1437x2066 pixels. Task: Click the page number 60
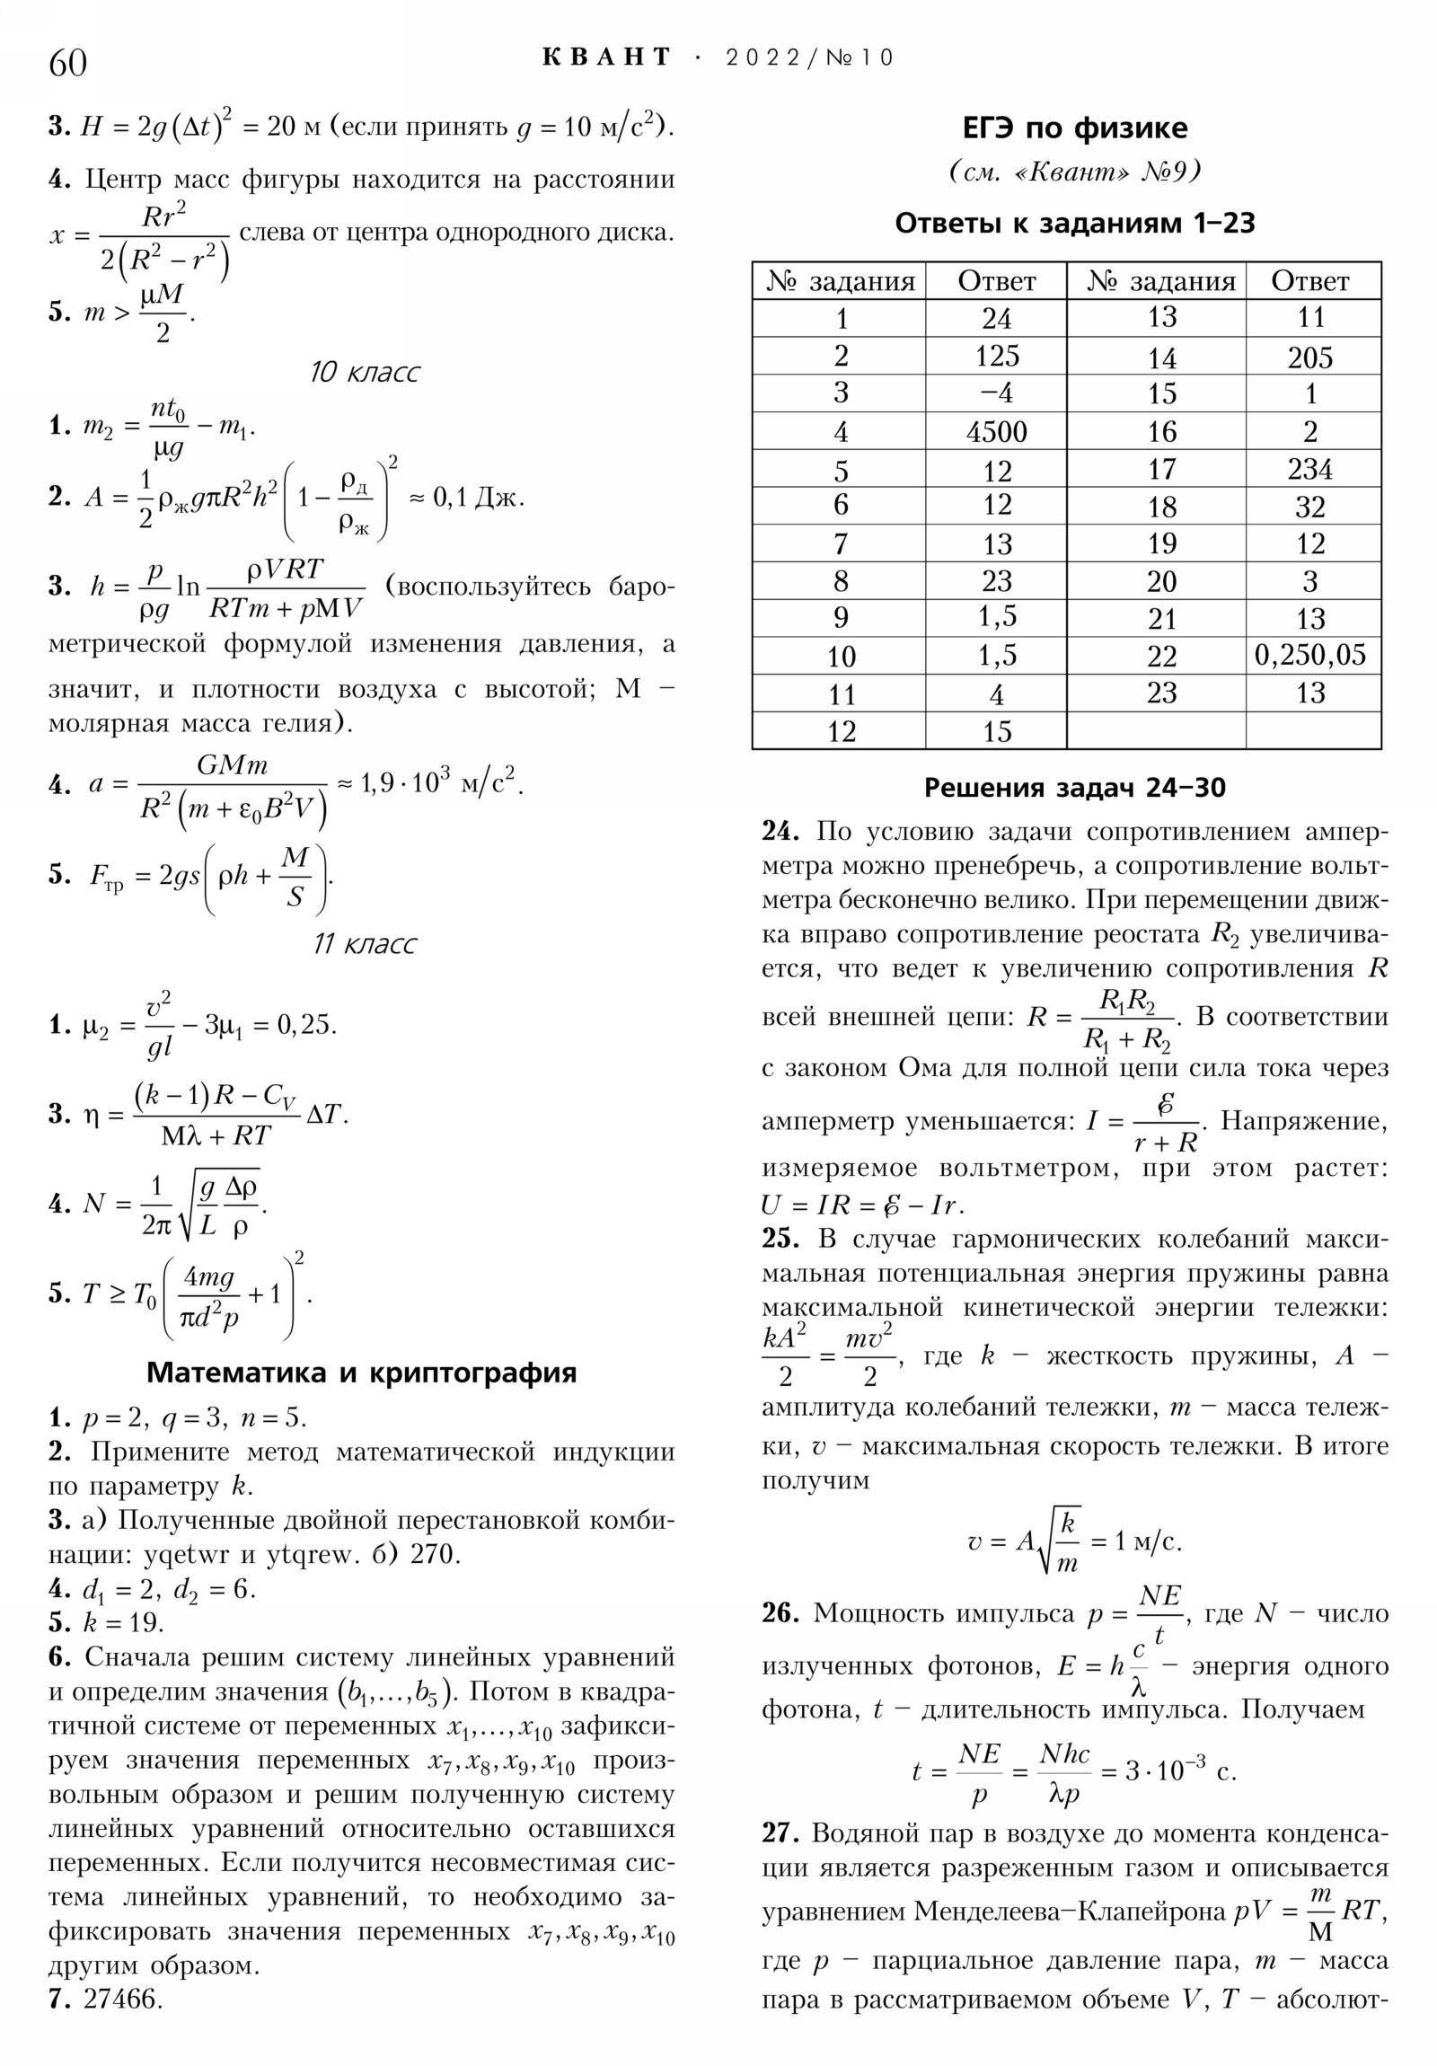point(67,63)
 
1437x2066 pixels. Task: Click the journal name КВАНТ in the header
point(606,57)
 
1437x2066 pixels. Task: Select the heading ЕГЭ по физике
point(1074,128)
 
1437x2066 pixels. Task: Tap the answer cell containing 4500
point(996,432)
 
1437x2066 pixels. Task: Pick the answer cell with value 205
point(1309,358)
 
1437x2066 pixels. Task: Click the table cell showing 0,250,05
point(1310,655)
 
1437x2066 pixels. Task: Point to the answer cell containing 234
point(1309,469)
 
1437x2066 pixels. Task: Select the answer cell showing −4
point(996,393)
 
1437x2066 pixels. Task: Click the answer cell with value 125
point(996,357)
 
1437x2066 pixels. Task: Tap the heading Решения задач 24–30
point(1074,789)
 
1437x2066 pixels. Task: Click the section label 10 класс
point(365,373)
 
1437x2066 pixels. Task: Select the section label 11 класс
point(365,944)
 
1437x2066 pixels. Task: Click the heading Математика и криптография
point(361,1373)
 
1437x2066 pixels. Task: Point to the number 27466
point(122,2000)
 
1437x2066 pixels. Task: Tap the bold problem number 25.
point(780,1238)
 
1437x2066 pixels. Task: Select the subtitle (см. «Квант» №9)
point(1074,172)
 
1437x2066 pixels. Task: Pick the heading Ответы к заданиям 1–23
point(1074,223)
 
